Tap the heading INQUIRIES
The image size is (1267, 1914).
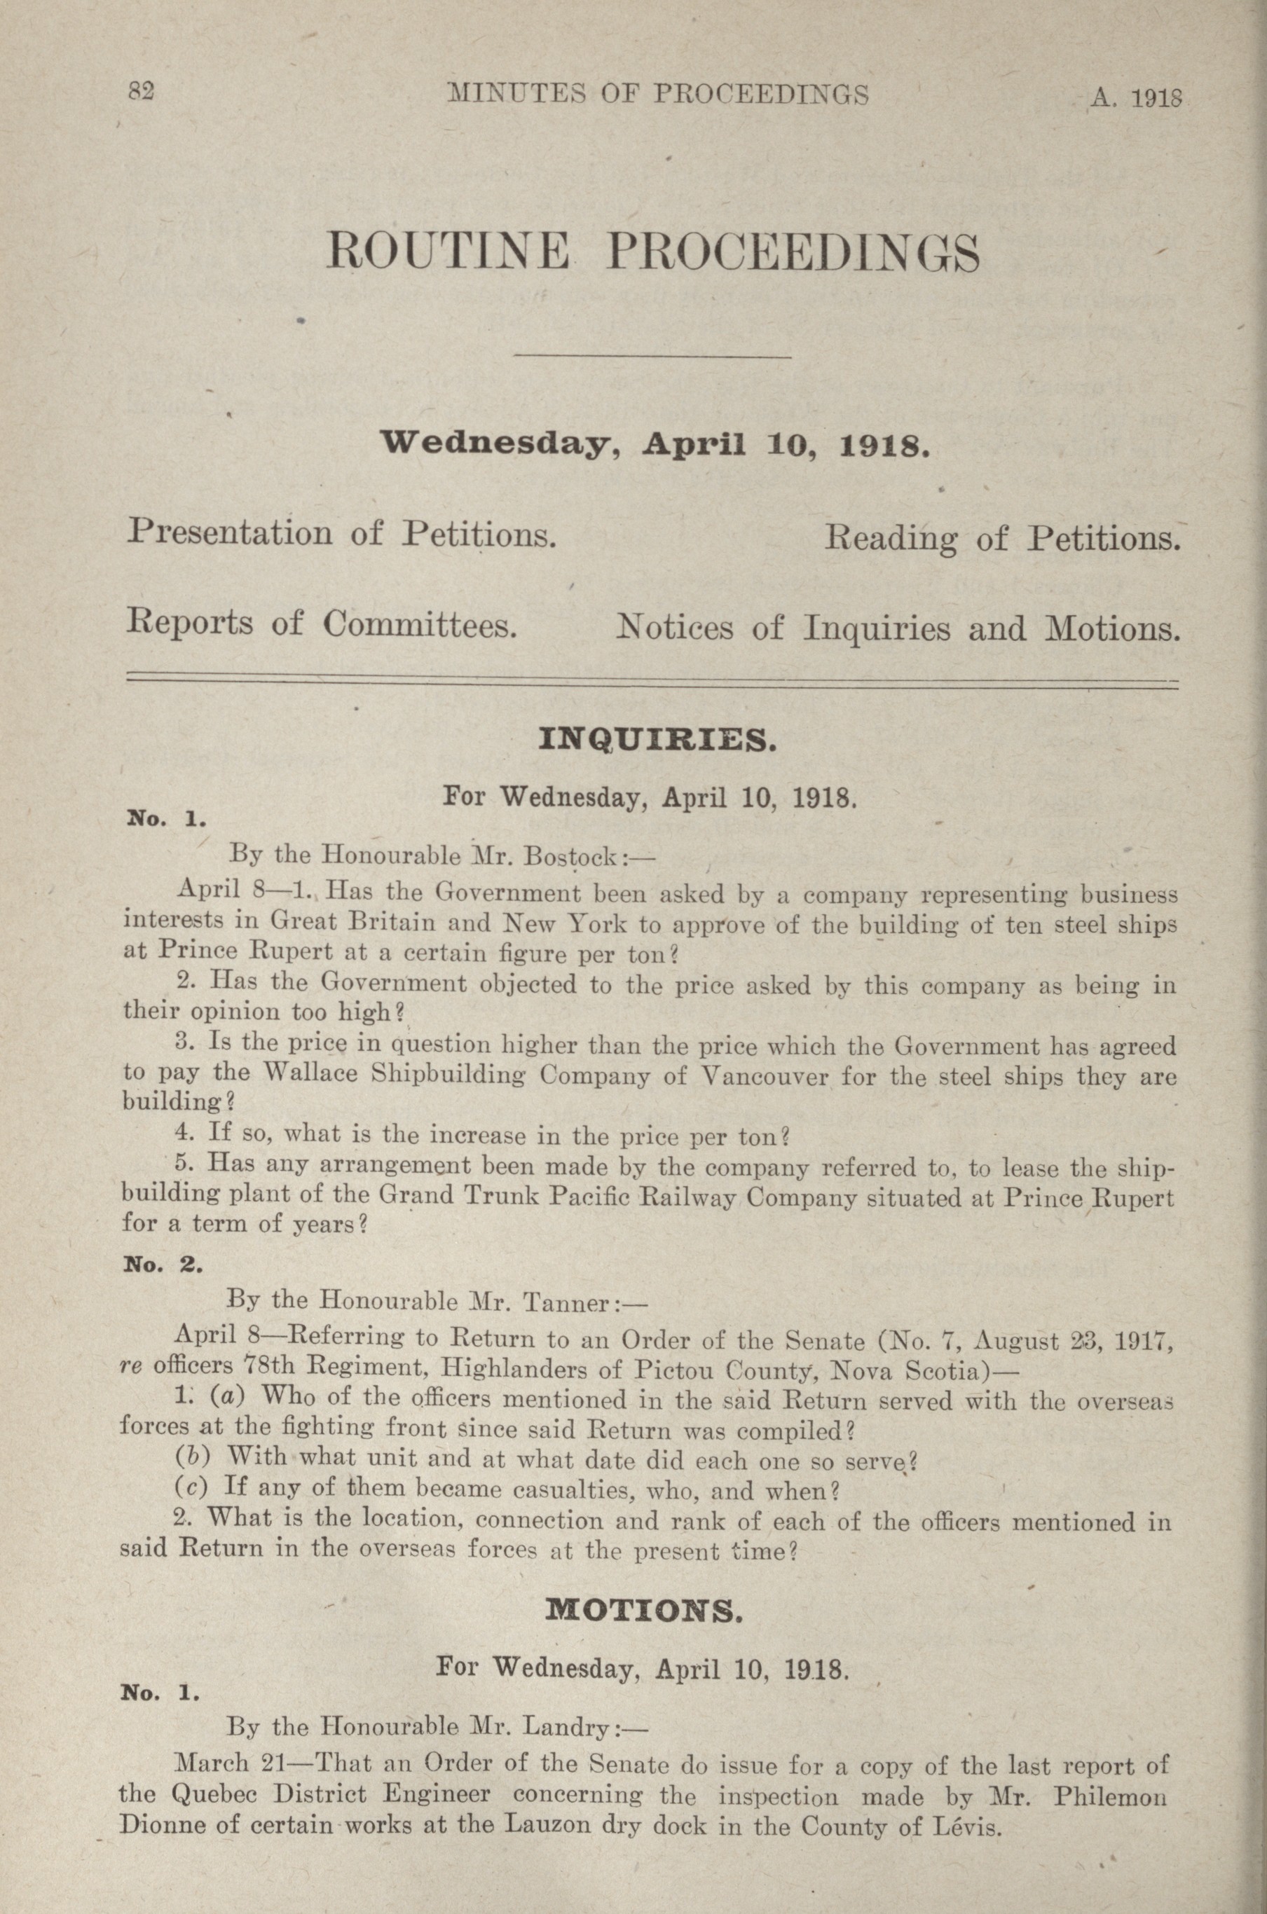657,740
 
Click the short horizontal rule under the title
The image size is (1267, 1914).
652,356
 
